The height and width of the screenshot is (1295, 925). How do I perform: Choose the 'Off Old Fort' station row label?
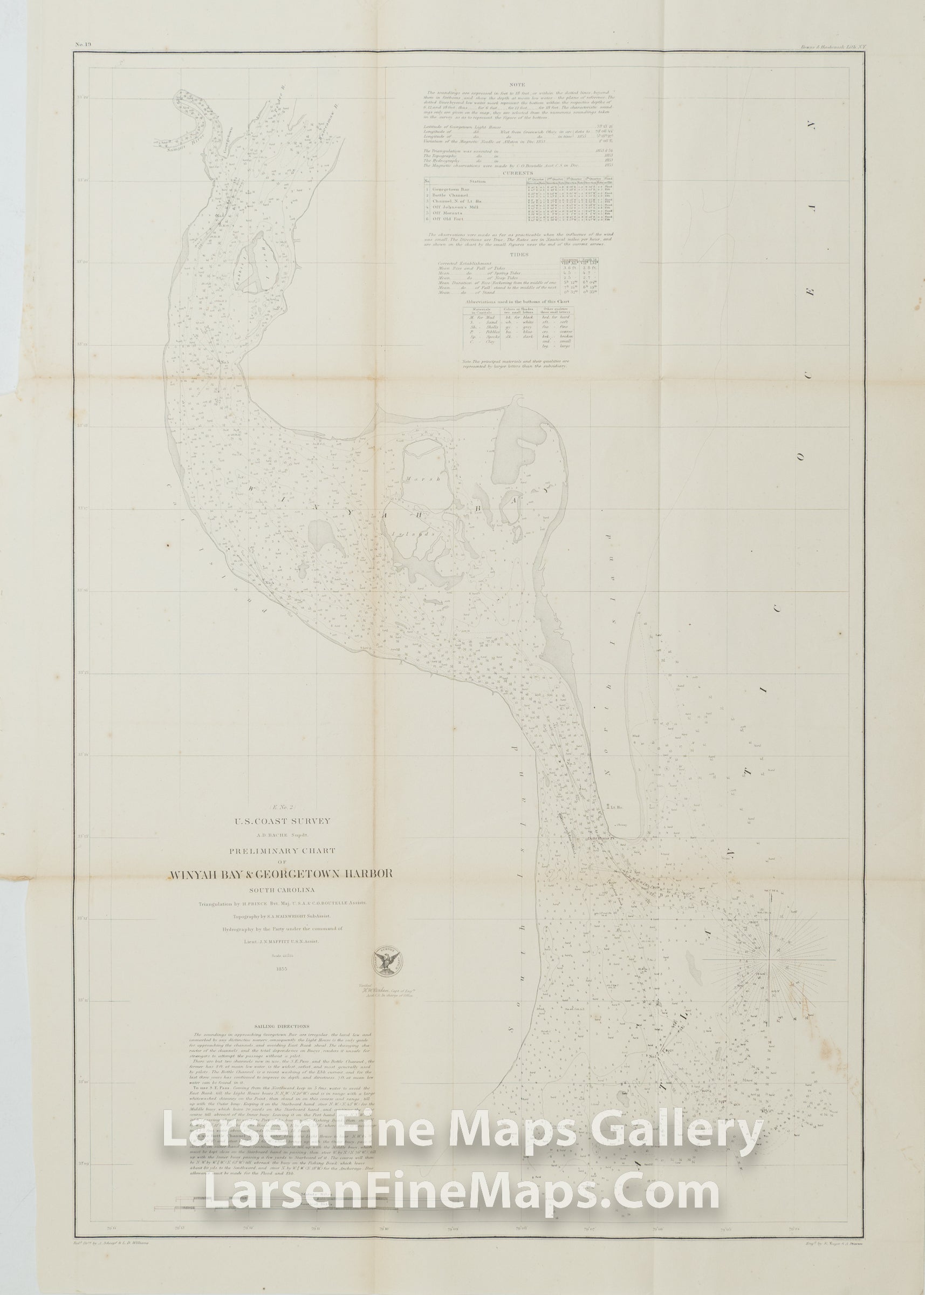point(447,220)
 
